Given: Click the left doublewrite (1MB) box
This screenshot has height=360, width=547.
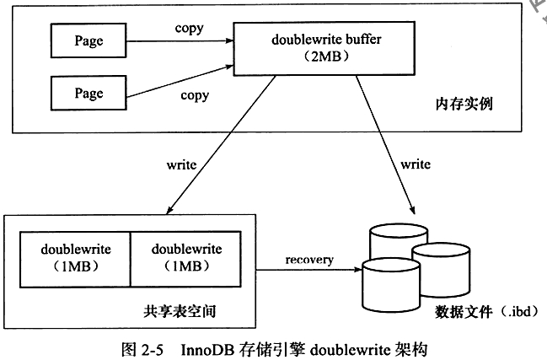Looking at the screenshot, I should click(74, 259).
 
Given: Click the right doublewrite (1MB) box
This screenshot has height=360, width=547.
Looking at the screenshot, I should click(186, 259).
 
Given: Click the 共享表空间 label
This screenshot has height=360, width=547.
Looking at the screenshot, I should click(180, 312).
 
